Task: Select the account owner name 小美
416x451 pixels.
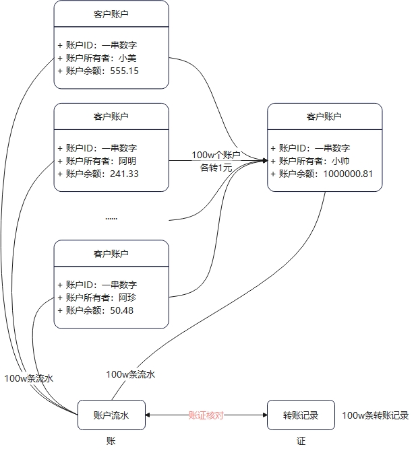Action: pyautogui.click(x=127, y=58)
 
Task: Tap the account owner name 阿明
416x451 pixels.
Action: pyautogui.click(x=127, y=161)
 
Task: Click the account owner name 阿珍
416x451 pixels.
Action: pyautogui.click(x=127, y=298)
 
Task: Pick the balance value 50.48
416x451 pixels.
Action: pyautogui.click(x=121, y=310)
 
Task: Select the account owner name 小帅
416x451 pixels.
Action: pyautogui.click(x=340, y=161)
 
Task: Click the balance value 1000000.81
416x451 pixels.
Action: pyautogui.click(x=348, y=174)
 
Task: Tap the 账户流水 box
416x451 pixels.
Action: pyautogui.click(x=111, y=416)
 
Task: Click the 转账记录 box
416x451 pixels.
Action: pyautogui.click(x=301, y=416)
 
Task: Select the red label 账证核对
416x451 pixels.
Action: pyautogui.click(x=206, y=416)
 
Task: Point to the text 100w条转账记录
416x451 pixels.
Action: pyautogui.click(x=375, y=416)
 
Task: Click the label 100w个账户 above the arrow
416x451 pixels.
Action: pyautogui.click(x=216, y=155)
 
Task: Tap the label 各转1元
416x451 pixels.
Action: pyautogui.click(x=216, y=168)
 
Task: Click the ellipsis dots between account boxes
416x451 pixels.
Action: pyautogui.click(x=111, y=218)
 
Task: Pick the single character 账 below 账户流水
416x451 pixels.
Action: pyautogui.click(x=111, y=441)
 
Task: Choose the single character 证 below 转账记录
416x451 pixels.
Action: pyautogui.click(x=301, y=441)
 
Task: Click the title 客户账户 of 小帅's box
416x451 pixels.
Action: pyautogui.click(x=324, y=116)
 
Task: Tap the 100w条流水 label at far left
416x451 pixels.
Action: pyautogui.click(x=28, y=378)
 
